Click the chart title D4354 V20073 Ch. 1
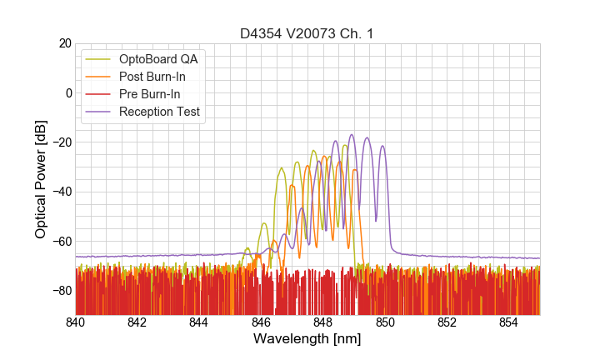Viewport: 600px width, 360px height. coord(307,33)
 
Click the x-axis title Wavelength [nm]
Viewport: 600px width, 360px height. coord(307,339)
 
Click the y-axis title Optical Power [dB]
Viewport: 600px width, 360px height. coord(41,179)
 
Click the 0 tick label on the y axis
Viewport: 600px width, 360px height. coord(68,92)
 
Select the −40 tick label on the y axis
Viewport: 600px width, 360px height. coord(62,192)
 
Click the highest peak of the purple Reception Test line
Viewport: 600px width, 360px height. coord(352,134)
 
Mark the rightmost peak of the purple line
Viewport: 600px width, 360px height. coord(382,146)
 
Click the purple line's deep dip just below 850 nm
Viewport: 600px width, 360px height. coord(376,221)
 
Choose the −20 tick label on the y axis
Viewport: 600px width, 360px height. coord(62,142)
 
